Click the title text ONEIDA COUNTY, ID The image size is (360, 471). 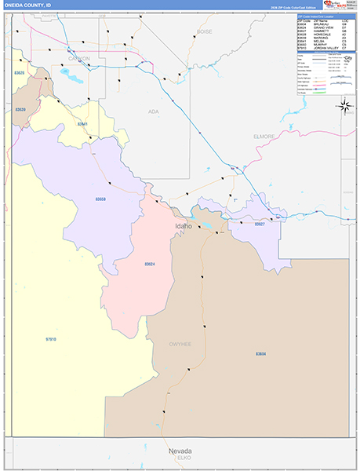click(x=29, y=5)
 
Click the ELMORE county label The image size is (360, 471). click(x=264, y=136)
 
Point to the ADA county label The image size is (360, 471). click(x=154, y=111)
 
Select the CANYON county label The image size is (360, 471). click(x=79, y=59)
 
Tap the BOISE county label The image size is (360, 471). click(x=204, y=31)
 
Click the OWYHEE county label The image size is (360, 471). click(x=180, y=344)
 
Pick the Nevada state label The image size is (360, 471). click(x=180, y=451)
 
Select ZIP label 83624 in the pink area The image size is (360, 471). click(x=150, y=264)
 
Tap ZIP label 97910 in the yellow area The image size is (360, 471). click(x=51, y=338)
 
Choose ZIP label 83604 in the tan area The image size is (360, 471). click(x=260, y=355)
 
